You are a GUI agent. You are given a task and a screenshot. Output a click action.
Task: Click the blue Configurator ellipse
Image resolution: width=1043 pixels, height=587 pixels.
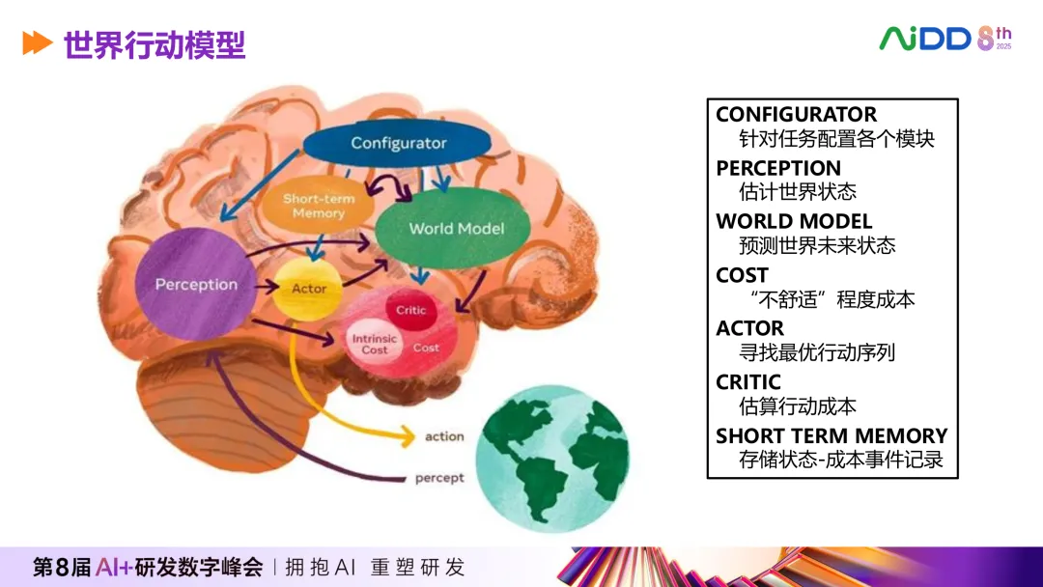(x=399, y=143)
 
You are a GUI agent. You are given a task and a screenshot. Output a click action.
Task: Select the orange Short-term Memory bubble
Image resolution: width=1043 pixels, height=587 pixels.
(x=318, y=205)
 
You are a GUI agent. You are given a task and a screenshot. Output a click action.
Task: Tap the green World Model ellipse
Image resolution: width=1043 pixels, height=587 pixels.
(x=456, y=229)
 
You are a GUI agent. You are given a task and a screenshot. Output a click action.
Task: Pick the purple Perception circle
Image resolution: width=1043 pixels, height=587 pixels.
(x=196, y=284)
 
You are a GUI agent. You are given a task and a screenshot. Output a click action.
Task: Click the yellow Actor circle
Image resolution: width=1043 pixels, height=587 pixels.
(x=308, y=289)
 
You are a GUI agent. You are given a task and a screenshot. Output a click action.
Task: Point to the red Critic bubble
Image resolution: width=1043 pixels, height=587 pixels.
(x=411, y=311)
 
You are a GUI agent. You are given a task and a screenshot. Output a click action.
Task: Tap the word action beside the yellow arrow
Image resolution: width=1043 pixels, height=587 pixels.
(x=444, y=437)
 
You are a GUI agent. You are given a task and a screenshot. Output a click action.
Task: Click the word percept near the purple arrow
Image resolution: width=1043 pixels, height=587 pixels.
(x=439, y=478)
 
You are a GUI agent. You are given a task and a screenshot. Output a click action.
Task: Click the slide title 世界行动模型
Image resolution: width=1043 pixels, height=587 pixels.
(x=155, y=44)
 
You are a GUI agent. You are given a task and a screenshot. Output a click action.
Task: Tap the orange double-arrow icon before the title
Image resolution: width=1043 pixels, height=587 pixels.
(x=37, y=43)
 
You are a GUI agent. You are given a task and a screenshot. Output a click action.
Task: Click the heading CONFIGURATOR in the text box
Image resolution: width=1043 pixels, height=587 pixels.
(x=796, y=114)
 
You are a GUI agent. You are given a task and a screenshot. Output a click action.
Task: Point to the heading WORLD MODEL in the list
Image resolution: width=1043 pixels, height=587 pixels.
(x=794, y=221)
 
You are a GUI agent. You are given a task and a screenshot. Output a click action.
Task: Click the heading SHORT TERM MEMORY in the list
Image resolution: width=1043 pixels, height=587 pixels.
(x=832, y=435)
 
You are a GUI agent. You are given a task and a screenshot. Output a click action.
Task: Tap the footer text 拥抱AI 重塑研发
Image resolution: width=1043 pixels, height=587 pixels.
(x=374, y=567)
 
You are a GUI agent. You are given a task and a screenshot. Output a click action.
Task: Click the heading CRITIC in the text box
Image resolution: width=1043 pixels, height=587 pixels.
(x=748, y=381)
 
